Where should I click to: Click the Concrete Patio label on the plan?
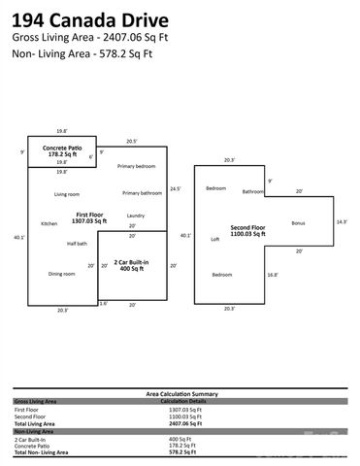(61, 147)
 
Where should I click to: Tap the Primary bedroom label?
(136, 166)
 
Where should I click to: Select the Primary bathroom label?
(142, 193)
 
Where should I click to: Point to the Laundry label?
(136, 216)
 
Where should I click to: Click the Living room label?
(67, 194)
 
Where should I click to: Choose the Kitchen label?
(49, 224)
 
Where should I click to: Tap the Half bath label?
(77, 243)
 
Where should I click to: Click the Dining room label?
(62, 274)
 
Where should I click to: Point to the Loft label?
(214, 238)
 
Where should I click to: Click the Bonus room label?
(298, 223)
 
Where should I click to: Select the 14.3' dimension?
(341, 222)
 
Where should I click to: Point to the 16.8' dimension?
(273, 275)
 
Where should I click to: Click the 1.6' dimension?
(104, 303)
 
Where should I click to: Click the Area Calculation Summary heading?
(181, 393)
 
